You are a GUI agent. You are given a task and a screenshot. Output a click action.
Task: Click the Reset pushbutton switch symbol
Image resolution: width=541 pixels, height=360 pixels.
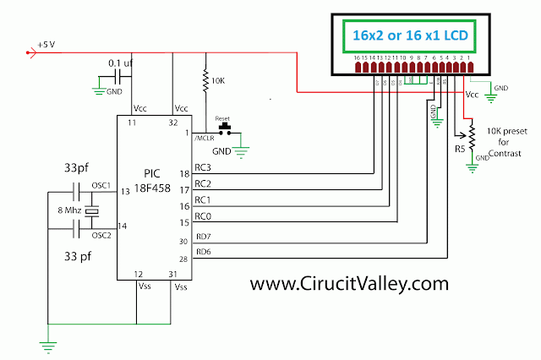226,129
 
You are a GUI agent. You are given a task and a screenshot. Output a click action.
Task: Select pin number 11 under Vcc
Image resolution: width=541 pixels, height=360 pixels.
133,123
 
